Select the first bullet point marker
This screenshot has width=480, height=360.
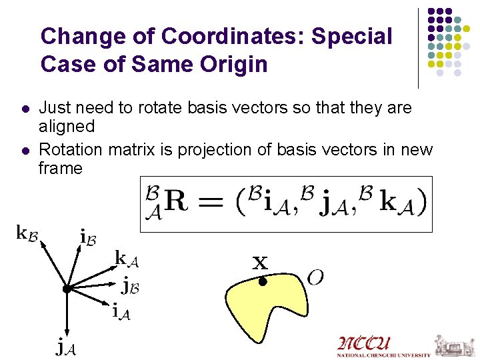25,108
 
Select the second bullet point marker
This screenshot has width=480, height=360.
25,150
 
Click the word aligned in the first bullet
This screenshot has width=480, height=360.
67,126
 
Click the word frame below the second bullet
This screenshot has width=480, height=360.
61,168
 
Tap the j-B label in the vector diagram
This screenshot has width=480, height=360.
130,287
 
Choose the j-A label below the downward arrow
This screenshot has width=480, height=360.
65,347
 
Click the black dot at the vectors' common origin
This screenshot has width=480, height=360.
66,289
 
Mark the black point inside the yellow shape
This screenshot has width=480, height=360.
263,282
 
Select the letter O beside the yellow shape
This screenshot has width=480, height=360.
315,277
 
